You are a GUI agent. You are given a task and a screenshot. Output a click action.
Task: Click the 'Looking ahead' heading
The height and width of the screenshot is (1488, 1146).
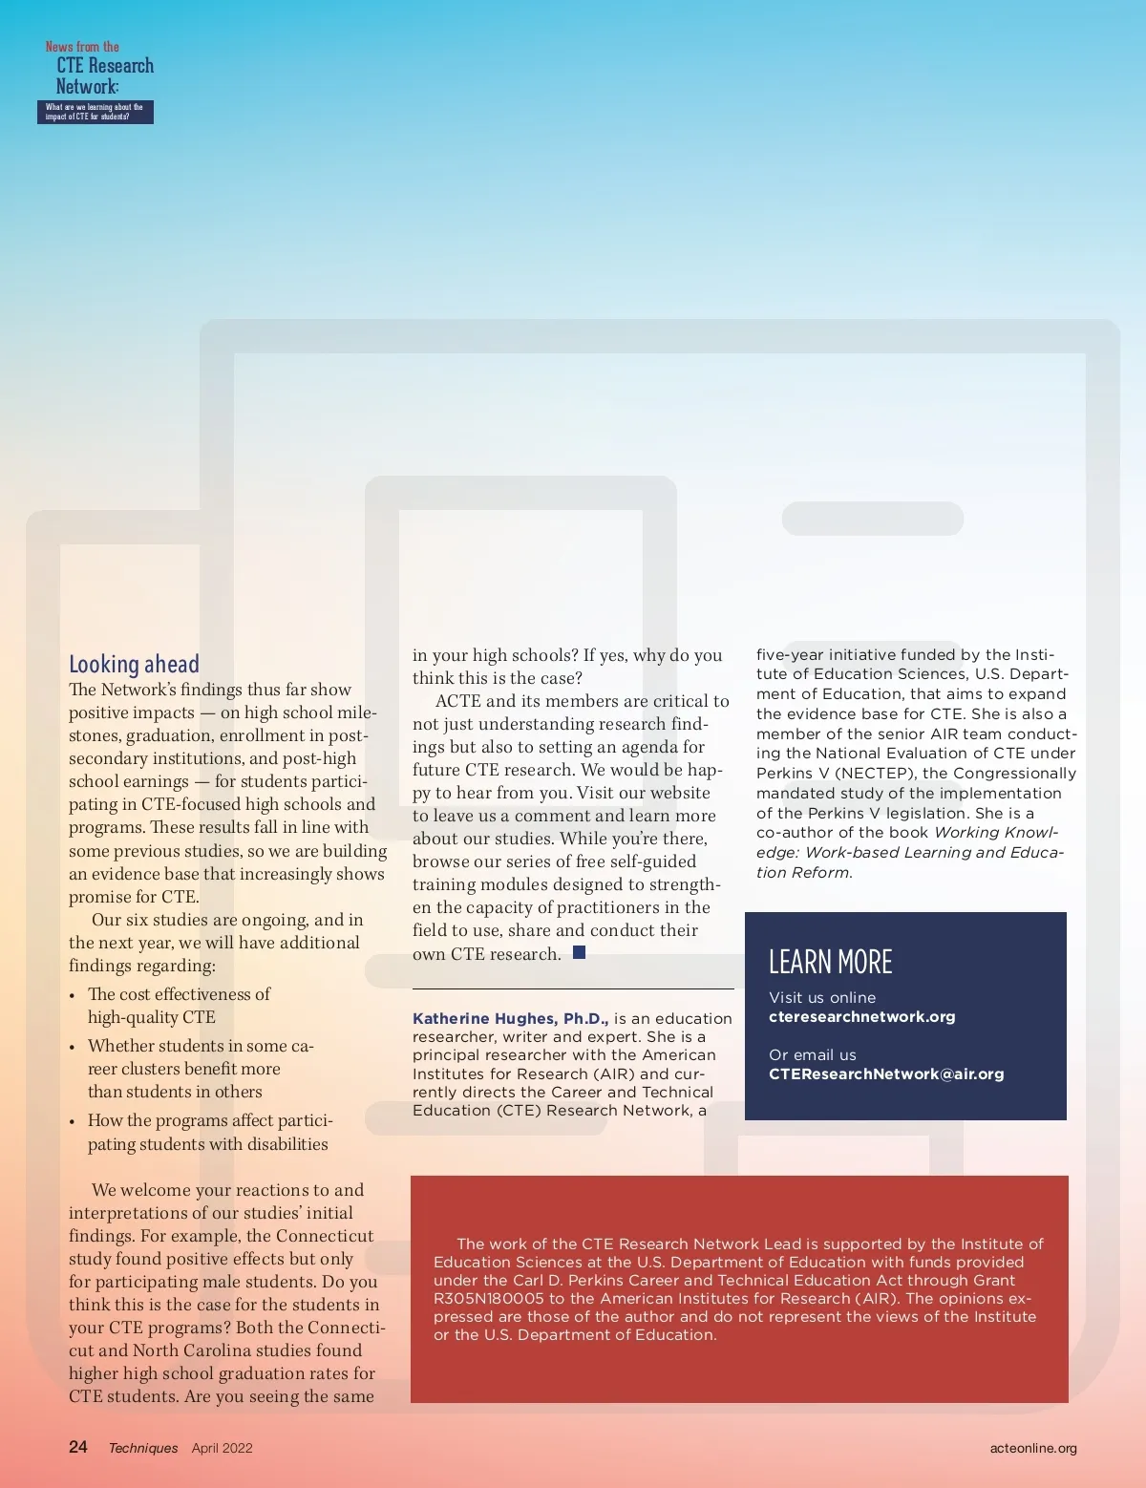tap(134, 664)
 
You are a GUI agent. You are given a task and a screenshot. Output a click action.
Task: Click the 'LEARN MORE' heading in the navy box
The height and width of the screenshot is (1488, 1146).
tap(830, 962)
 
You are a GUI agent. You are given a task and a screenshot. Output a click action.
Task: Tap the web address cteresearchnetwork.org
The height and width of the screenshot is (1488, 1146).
tap(861, 1016)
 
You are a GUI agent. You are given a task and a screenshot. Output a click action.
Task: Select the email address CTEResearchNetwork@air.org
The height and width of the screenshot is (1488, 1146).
tap(886, 1073)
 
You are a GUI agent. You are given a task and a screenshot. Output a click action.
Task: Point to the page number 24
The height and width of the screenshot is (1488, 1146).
tap(78, 1447)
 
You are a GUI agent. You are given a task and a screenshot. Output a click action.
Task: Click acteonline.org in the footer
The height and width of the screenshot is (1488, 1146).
tap(1033, 1448)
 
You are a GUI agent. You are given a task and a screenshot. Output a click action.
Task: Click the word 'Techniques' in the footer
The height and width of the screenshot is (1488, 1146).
tap(143, 1448)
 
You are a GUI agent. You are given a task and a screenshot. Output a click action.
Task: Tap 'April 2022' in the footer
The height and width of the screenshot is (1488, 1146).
tap(222, 1448)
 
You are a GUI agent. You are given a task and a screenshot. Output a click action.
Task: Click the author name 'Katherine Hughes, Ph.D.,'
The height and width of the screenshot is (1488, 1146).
tap(510, 1018)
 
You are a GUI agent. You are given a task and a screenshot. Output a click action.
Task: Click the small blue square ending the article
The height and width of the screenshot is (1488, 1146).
tap(579, 952)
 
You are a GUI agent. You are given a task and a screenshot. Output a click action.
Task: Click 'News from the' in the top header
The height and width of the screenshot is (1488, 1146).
tap(82, 47)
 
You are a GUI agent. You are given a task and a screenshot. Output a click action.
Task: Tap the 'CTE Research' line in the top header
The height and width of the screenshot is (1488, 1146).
tap(105, 66)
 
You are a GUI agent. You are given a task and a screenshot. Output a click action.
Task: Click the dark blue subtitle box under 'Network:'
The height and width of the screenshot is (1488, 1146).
tap(95, 113)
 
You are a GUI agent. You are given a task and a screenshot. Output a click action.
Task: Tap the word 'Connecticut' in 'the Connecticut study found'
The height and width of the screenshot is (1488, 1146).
tap(325, 1236)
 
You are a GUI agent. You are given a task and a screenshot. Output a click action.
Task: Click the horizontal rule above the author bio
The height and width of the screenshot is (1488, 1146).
tap(573, 988)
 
